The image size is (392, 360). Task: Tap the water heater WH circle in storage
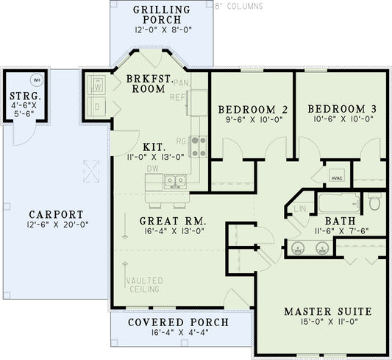(36, 80)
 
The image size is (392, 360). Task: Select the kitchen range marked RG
(198, 147)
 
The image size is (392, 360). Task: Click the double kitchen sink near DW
(175, 180)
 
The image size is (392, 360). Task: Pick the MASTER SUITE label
(327, 311)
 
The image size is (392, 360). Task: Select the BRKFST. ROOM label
(149, 82)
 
